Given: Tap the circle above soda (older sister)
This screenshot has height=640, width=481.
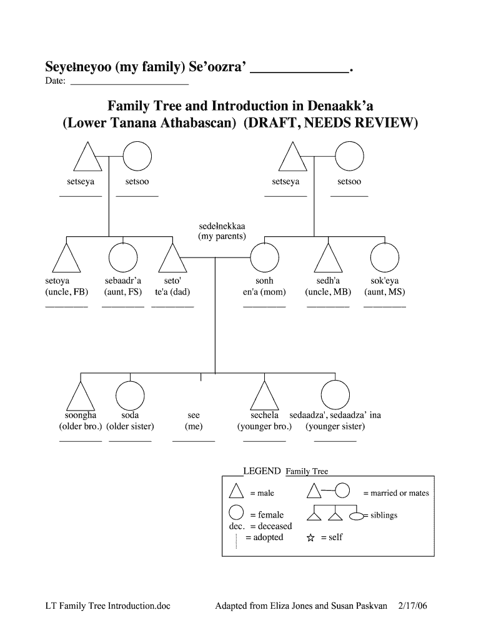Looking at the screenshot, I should pos(130,395).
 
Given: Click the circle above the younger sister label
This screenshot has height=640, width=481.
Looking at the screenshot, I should pos(335,395).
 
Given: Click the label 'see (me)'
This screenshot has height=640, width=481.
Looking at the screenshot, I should pos(194,421).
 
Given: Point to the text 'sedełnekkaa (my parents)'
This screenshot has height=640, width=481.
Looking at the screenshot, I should pos(222,231).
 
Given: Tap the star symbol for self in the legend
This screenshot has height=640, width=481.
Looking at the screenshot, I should pos(310,538).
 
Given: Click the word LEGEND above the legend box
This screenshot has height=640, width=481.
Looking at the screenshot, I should pos(262,471).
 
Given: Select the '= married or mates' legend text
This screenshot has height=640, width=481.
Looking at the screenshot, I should pos(396,493).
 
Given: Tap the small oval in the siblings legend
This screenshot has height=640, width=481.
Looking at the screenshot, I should pos(355,516).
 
